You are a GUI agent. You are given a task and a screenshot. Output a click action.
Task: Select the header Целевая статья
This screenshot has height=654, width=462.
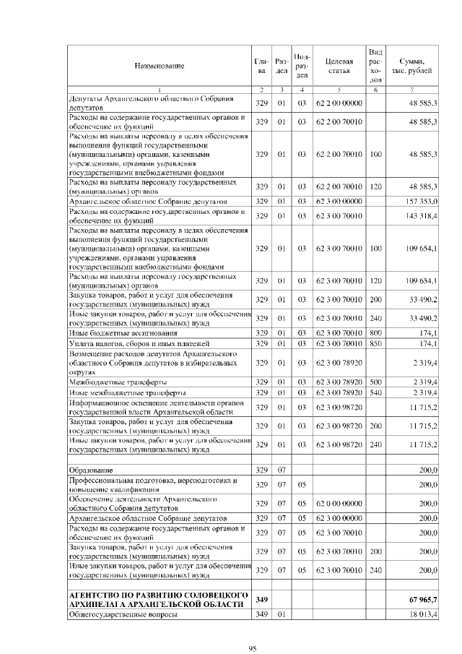[x=339, y=66]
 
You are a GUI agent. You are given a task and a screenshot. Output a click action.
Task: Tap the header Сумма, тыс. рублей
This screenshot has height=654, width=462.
[x=411, y=66]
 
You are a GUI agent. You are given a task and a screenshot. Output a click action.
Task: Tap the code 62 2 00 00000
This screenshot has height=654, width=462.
[x=339, y=103]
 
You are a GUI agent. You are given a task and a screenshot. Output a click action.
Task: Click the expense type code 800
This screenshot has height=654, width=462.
[x=375, y=333]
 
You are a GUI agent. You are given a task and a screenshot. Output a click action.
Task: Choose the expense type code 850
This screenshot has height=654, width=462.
[x=375, y=343]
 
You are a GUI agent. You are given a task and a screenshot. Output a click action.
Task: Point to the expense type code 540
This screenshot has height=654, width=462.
[x=375, y=392]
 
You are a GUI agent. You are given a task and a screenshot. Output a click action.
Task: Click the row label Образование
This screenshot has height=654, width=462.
[x=90, y=470]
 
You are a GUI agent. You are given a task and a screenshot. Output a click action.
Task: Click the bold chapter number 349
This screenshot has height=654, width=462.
[x=262, y=600]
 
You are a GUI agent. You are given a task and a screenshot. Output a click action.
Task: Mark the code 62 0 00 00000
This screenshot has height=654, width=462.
[x=339, y=503]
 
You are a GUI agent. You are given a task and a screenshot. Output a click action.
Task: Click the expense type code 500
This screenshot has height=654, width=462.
[x=375, y=381]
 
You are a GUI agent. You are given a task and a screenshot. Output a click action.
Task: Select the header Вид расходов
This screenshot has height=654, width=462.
[x=375, y=66]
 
